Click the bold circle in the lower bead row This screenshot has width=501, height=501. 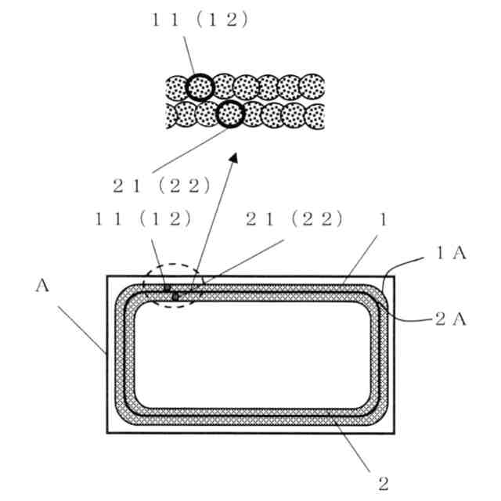click(229, 115)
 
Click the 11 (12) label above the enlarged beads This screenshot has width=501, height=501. click(200, 20)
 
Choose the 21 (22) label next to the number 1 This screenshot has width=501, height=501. click(294, 220)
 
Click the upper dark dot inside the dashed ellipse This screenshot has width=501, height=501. click(167, 289)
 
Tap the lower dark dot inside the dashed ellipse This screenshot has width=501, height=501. click(176, 297)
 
